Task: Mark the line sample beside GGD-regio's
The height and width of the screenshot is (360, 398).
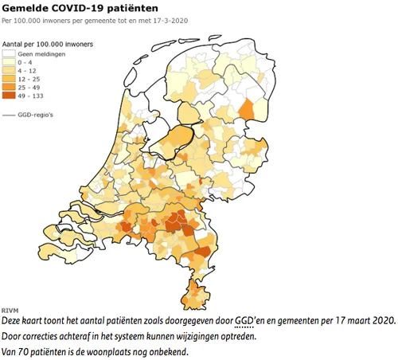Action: [10, 116]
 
